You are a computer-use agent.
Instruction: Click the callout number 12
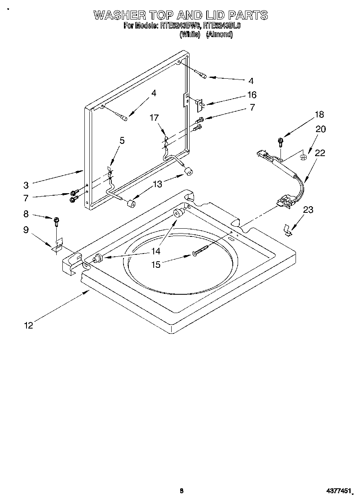28,325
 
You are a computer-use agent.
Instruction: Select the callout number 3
26,185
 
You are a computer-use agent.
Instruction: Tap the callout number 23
308,210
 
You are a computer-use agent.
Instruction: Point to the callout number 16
252,95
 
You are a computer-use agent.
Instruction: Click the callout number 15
156,265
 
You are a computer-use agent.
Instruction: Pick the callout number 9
26,230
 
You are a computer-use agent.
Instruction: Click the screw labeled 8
56,222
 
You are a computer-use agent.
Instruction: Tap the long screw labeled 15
201,250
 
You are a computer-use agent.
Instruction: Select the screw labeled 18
280,141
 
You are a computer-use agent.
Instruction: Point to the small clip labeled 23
288,230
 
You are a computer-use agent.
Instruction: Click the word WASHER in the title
119,15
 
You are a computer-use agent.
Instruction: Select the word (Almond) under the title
219,35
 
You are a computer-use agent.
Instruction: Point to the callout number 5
122,141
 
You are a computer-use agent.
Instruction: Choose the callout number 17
154,118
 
